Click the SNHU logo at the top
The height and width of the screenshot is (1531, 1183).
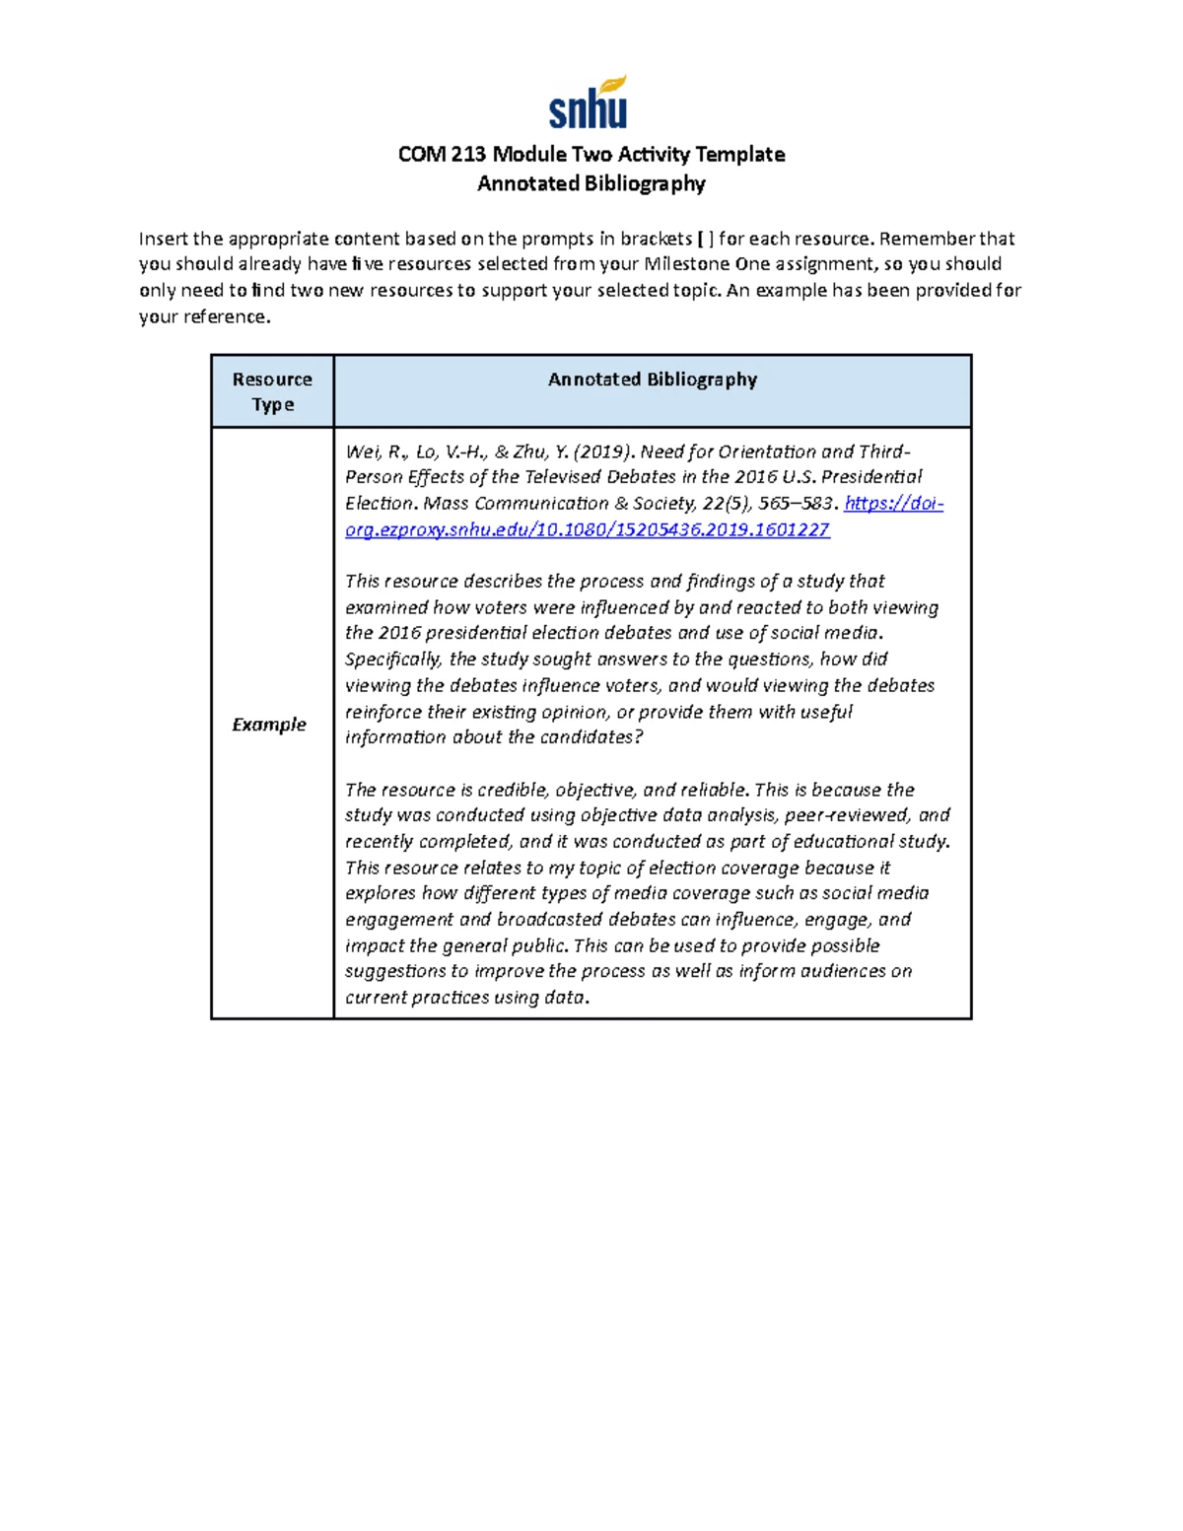(x=589, y=104)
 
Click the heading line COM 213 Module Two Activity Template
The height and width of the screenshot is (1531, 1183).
(x=591, y=154)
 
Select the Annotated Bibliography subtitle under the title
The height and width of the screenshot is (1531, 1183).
(x=591, y=183)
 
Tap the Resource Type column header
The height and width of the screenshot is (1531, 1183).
(x=272, y=391)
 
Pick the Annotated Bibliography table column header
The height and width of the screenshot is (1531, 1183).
(x=652, y=380)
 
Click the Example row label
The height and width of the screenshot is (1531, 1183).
(x=269, y=725)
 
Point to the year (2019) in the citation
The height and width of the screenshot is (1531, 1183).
(x=601, y=452)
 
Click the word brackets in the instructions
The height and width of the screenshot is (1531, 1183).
(x=656, y=239)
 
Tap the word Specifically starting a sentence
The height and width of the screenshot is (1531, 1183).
(x=392, y=659)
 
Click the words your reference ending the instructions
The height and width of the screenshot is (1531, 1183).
(x=203, y=316)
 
